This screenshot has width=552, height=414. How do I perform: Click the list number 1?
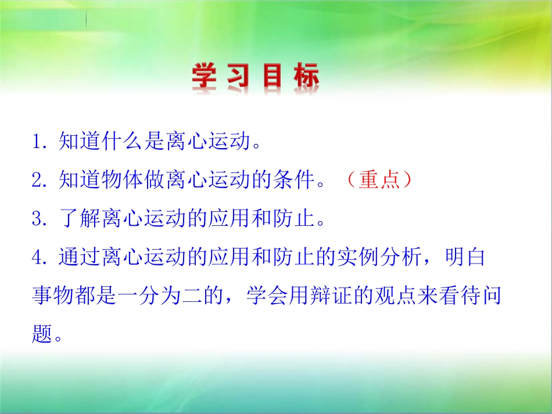tap(39, 142)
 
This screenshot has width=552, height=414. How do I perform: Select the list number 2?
tap(39, 181)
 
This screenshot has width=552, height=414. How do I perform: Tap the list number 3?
tap(39, 219)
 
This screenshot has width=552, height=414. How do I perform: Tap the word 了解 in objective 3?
tap(80, 219)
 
